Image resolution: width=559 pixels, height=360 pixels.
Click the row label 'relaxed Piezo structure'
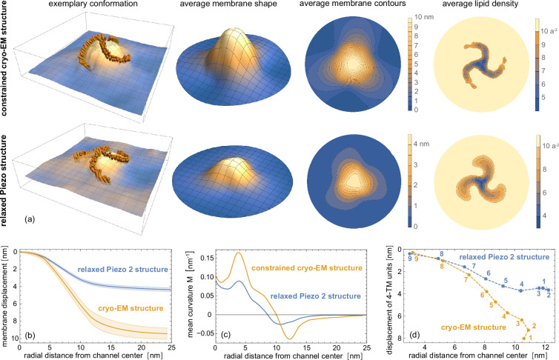click(7, 176)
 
